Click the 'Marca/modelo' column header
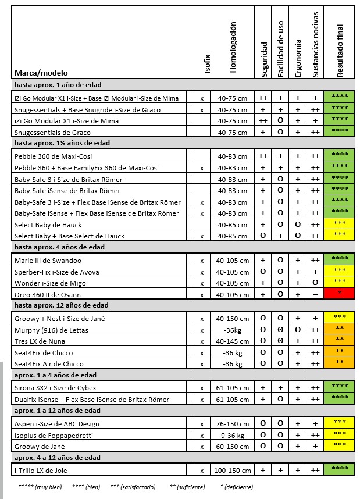tap(41, 73)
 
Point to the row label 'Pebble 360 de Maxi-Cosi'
tap(54, 156)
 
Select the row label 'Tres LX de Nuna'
tap(40, 341)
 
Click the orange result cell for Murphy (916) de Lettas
tap(339, 329)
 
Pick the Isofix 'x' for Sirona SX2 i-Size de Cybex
tap(202, 387)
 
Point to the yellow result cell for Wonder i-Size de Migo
tap(339, 283)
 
